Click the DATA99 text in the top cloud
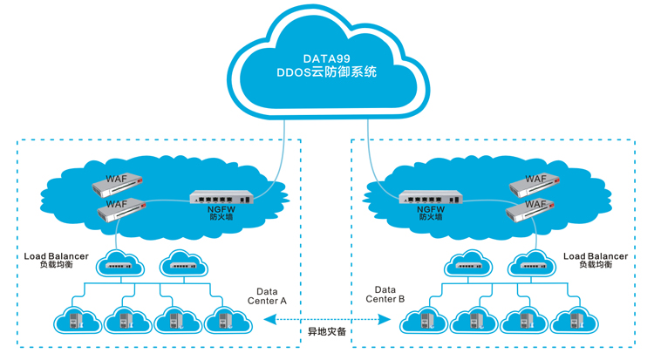coord(327,58)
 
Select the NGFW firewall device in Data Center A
coord(224,197)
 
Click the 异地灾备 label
coord(326,333)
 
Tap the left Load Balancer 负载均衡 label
coord(57,260)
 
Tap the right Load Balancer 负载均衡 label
coord(596,260)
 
